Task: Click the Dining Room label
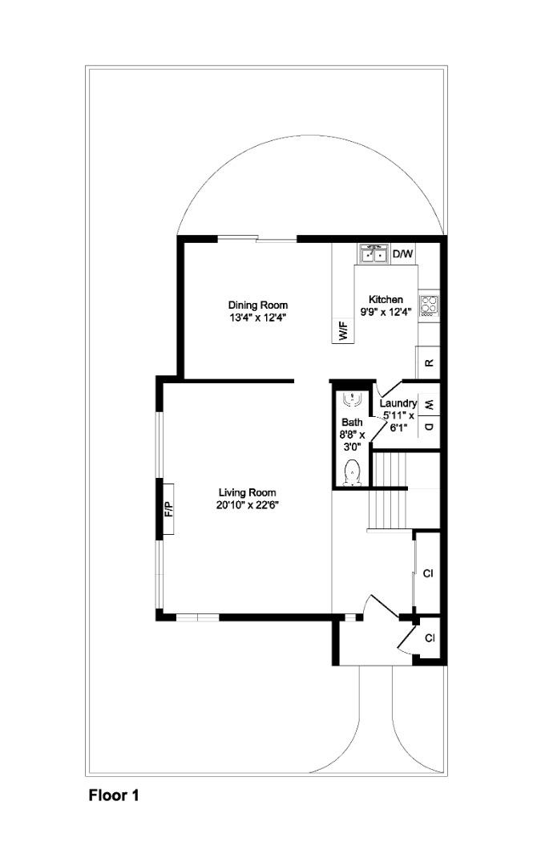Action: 258,305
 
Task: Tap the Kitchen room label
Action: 386,299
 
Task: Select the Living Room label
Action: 247,492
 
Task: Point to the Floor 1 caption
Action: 114,795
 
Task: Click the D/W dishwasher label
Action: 402,254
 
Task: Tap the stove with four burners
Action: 429,305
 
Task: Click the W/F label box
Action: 343,331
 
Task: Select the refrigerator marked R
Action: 429,363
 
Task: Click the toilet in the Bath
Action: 352,473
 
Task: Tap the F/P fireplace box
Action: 168,508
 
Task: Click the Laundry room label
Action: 398,403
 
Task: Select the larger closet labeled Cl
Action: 427,573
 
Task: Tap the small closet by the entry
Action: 430,638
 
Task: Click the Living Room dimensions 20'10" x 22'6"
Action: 247,504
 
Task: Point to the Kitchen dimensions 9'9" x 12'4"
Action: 386,311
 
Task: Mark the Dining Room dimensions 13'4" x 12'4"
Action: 258,317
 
